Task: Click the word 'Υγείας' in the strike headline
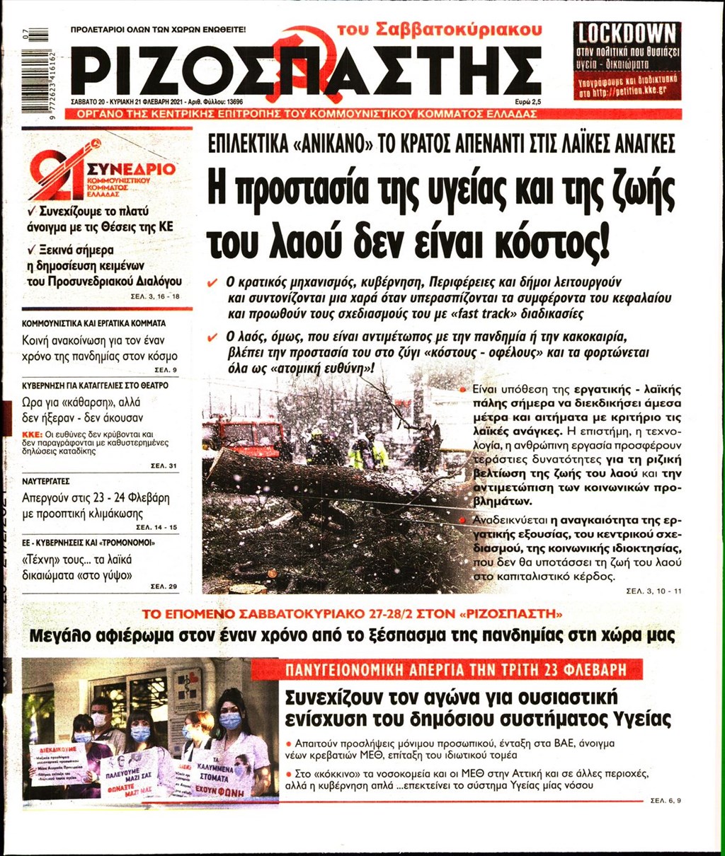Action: [636, 719]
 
